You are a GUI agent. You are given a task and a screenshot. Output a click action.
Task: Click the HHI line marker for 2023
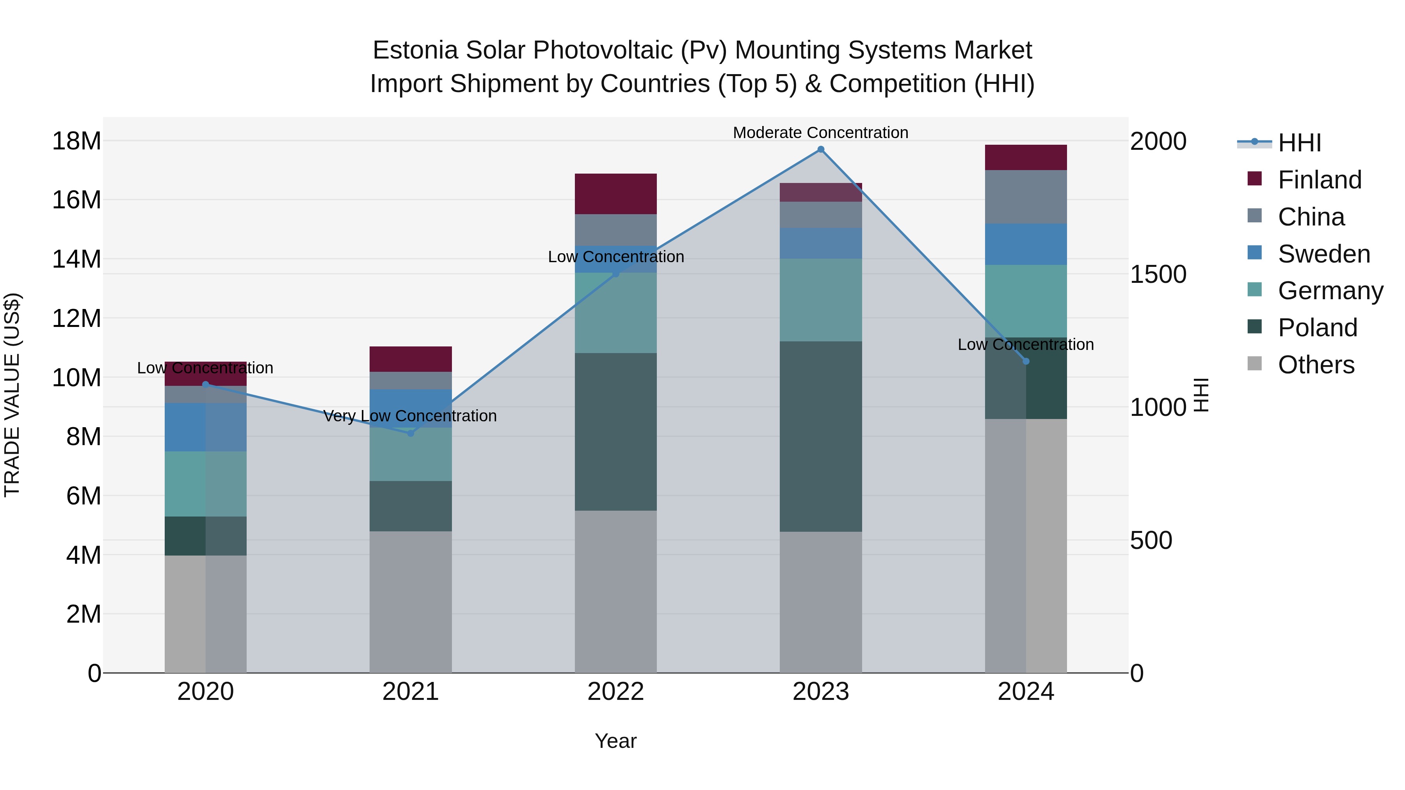point(820,149)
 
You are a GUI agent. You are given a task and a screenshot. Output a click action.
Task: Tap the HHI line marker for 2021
point(411,433)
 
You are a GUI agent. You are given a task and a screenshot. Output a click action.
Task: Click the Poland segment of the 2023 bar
point(820,436)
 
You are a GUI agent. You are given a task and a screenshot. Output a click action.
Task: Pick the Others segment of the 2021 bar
point(411,602)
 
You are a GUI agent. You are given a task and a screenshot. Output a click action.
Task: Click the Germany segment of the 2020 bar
point(206,484)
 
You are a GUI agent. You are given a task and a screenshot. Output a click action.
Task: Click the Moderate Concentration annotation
point(820,133)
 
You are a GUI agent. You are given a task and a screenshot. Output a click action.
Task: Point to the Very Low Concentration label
point(410,416)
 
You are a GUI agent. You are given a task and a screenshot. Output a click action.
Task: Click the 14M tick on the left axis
point(76,259)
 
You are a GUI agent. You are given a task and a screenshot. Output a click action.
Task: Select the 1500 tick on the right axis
point(1158,274)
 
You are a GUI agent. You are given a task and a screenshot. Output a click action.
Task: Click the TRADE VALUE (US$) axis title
point(12,395)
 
